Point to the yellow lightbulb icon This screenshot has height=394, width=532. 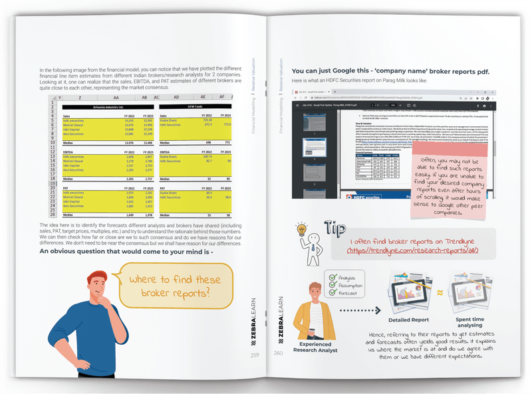click(302, 231)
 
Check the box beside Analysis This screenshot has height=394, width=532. click(333, 277)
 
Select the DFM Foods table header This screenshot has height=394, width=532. click(195, 106)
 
